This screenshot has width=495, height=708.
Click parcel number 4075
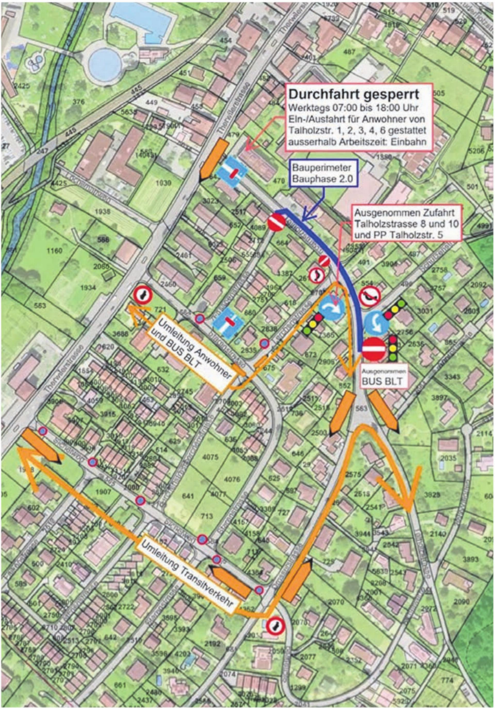(x=210, y=457)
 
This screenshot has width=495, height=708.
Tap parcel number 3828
(x=432, y=495)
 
